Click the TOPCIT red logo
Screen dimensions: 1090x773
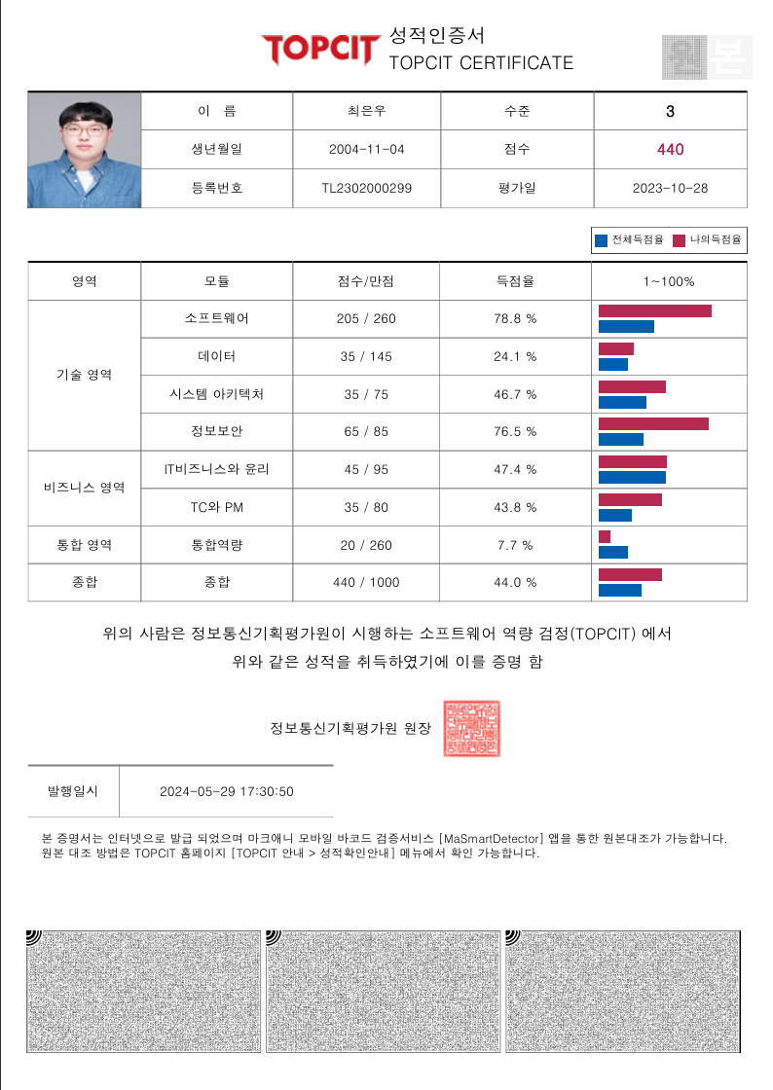[x=318, y=49]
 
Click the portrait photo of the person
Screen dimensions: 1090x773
[x=84, y=149]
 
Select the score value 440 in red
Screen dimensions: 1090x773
[x=670, y=149]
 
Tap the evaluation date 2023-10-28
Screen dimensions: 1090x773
[x=670, y=188]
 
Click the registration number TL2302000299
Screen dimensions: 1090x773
[x=366, y=188]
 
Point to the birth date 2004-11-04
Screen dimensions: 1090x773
[x=366, y=150]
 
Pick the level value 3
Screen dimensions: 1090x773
[x=670, y=111]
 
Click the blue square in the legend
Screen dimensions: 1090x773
[x=601, y=239]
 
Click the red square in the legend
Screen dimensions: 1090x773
[x=679, y=239]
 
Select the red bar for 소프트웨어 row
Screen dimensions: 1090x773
[x=654, y=310]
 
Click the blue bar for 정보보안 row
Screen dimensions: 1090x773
[x=620, y=439]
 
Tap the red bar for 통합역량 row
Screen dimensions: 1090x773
[x=605, y=537]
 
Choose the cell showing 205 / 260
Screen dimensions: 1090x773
[x=366, y=319]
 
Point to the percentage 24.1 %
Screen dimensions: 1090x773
[x=515, y=357]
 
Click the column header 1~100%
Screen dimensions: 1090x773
[x=669, y=281]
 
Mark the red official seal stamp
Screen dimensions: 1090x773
[x=471, y=728]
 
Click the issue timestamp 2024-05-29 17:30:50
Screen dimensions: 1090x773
[x=227, y=791]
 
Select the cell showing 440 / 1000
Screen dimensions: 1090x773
[x=366, y=583]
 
